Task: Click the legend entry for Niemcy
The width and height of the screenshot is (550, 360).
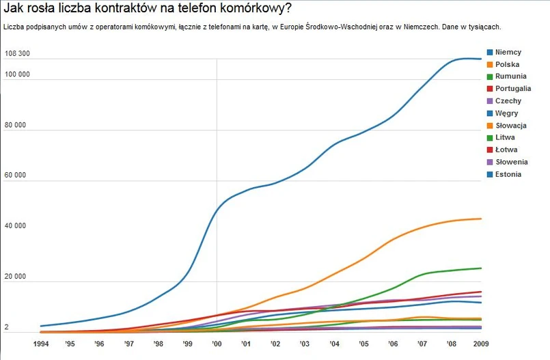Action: [x=508, y=53]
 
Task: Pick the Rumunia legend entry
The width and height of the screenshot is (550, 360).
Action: [x=510, y=77]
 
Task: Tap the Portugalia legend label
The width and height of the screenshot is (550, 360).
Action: [x=513, y=89]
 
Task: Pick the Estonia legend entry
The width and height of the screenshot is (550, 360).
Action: [x=508, y=174]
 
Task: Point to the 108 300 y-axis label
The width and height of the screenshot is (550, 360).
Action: [x=17, y=53]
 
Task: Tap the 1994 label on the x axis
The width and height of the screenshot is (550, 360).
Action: [x=41, y=344]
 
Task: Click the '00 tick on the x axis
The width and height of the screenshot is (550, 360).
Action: [x=217, y=344]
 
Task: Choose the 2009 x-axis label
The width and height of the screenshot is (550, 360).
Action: [x=481, y=344]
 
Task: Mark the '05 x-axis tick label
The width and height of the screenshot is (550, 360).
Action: [x=363, y=344]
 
